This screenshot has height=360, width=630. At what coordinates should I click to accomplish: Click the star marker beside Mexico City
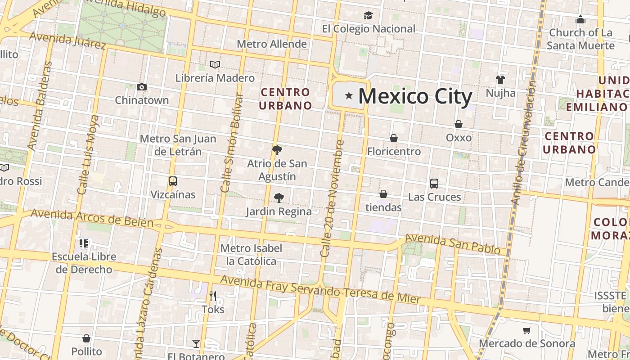point(349,95)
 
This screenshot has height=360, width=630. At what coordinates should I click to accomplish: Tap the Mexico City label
point(415,96)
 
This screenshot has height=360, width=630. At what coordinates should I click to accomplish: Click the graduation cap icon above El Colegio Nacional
point(369,16)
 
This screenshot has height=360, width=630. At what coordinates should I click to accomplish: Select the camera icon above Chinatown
point(142,87)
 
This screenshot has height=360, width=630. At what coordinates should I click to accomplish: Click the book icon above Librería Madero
point(216,65)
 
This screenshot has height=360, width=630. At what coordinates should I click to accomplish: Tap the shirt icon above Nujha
point(500,80)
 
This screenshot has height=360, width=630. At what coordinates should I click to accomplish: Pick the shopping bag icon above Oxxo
point(459,124)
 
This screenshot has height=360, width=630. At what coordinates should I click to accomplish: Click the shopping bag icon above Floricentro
point(394,138)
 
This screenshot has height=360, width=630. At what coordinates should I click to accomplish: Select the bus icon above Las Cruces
point(434,184)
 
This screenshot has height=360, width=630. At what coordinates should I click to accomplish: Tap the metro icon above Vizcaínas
point(173,181)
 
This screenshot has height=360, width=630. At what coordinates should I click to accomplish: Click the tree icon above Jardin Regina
point(279,198)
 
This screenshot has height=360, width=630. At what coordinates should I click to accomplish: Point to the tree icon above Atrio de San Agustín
point(277,150)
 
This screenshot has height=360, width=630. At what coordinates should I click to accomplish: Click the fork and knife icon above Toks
point(213,296)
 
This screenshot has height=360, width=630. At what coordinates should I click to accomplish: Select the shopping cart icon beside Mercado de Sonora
point(527,331)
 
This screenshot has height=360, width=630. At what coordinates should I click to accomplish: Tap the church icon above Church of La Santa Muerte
point(580,19)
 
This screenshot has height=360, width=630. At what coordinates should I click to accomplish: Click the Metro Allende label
point(271,44)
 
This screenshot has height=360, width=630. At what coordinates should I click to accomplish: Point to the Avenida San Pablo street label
point(452,243)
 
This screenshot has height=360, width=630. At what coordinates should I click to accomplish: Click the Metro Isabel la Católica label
point(251,255)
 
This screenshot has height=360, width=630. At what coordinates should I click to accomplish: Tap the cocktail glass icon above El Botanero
point(196,344)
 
